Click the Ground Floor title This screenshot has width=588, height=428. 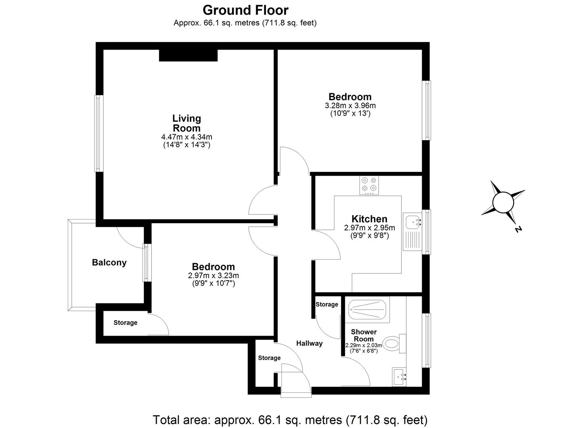click(x=245, y=10)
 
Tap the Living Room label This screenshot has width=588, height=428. click(x=186, y=123)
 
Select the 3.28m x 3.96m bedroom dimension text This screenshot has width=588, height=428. click(x=350, y=106)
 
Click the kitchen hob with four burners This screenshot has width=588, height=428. click(x=369, y=185)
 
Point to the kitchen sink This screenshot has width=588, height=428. click(x=413, y=221)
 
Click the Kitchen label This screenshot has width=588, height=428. click(x=369, y=219)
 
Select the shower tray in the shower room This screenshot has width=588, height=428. click(x=367, y=309)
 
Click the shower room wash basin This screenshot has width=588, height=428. click(x=399, y=376)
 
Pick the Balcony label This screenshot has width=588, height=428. click(x=109, y=262)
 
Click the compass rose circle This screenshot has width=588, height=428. click(x=503, y=203)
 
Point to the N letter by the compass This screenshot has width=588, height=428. click(x=518, y=229)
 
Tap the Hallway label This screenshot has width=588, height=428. click(x=309, y=343)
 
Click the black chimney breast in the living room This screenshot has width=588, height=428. click(x=188, y=55)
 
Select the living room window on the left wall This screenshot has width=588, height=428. click(x=99, y=133)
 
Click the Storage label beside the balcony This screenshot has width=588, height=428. click(x=126, y=323)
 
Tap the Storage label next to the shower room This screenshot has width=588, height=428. click(x=327, y=304)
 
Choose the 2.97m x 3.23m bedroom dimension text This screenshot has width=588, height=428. click(x=213, y=275)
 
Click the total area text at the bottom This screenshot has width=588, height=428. click(x=290, y=419)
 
